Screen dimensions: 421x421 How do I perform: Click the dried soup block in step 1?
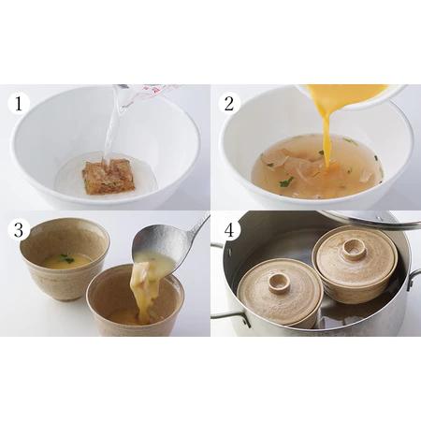point(108,175)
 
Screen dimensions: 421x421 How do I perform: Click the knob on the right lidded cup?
point(353,249)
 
